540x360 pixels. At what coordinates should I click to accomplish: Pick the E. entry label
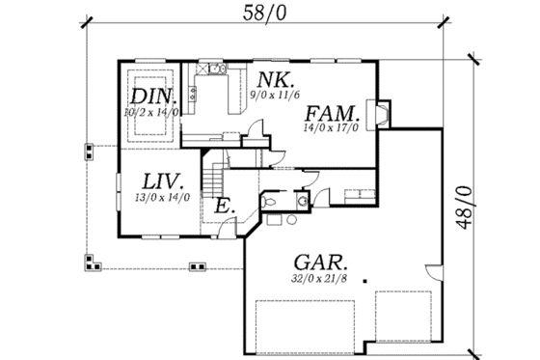[223, 205]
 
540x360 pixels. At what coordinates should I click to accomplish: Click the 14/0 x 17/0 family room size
[332, 128]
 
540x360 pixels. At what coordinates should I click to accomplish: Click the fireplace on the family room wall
[381, 113]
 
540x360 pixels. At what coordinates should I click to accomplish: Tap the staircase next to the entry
[214, 178]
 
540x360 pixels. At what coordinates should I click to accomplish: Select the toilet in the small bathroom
[272, 200]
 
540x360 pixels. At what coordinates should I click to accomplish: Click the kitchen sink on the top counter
[211, 69]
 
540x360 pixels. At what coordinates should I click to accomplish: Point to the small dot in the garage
[365, 281]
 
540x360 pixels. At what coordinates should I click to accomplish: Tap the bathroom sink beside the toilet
[302, 201]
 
